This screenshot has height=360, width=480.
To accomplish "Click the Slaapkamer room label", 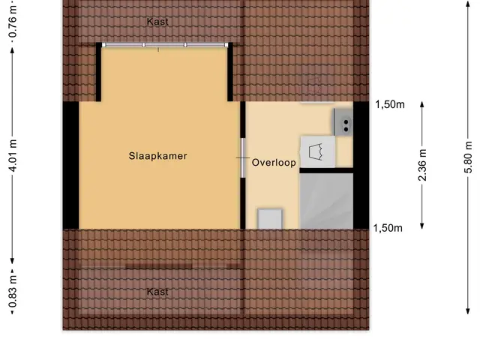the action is pos(157,156).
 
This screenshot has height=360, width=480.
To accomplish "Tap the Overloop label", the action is pos(274,162).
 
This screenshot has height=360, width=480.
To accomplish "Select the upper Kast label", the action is pos(157,22).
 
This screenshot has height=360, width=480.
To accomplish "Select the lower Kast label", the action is pos(157,292).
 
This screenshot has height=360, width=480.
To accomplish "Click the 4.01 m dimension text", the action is pos(13,155).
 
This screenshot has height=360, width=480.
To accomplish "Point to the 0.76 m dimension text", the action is pos(13,20).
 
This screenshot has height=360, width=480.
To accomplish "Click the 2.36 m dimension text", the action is pos(422,165).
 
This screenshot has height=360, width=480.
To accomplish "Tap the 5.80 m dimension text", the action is pos(468,157).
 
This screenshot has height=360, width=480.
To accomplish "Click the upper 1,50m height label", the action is pos(390,105).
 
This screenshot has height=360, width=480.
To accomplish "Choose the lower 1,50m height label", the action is pos(388,228).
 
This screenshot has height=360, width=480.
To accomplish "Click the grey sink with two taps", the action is pos(343,122).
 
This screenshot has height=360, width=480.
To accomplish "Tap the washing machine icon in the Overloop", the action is pos(317,151).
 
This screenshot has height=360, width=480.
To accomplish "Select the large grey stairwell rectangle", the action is pos(326,201).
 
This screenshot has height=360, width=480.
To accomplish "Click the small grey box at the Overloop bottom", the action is pos(270,219).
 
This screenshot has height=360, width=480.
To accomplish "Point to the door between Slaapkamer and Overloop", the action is pos(243,157).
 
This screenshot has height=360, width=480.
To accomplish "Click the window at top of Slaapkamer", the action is pos(165,45).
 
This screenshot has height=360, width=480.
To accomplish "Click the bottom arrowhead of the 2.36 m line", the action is pos(422,226).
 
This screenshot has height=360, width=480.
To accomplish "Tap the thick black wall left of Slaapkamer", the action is pos(70,165).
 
